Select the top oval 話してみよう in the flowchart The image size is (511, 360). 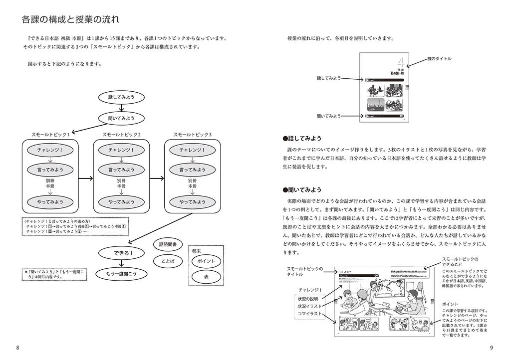click(x=121, y=97)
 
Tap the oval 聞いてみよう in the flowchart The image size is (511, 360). click(x=121, y=118)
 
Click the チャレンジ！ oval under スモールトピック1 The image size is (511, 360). click(x=50, y=150)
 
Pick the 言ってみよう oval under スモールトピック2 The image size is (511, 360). click(x=121, y=170)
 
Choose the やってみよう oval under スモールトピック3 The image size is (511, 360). click(x=192, y=202)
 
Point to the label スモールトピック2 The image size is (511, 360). click(x=121, y=135)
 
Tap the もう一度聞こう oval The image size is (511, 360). click(x=121, y=274)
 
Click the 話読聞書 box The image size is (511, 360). click(x=168, y=245)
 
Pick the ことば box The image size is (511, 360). click(x=168, y=261)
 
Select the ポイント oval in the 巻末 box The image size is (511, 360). click(x=206, y=261)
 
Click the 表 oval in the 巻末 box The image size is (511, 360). click(x=206, y=277)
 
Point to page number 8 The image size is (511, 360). click(x=18, y=348)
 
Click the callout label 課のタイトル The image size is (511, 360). click(x=439, y=59)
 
